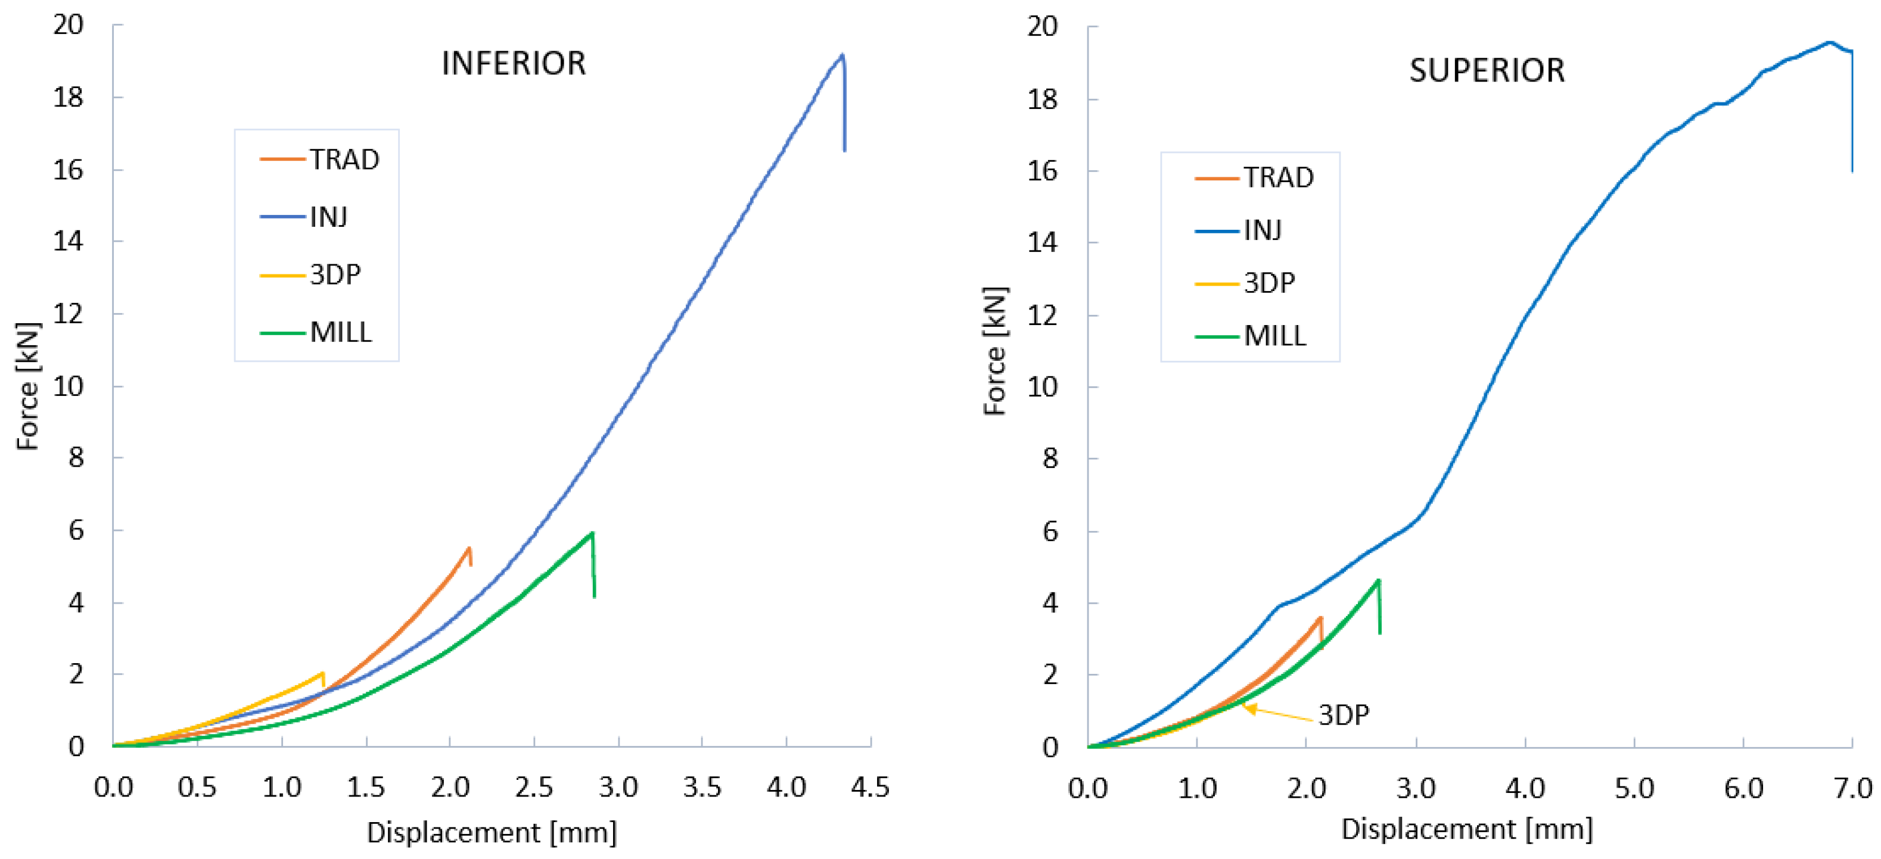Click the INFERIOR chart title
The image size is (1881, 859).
tap(514, 64)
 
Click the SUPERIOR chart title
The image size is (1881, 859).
tap(1487, 71)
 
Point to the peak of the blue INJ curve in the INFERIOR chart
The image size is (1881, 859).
tap(842, 55)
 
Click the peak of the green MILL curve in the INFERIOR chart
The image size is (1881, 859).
tap(592, 533)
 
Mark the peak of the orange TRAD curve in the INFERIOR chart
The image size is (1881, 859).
tap(469, 548)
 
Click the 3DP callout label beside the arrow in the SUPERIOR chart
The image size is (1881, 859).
tap(1343, 714)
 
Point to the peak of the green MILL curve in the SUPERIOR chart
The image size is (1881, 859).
tap(1378, 580)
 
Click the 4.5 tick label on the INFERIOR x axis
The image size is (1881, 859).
tap(870, 788)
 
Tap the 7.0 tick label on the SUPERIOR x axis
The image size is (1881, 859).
tap(1852, 788)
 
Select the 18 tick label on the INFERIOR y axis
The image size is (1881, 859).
tap(69, 97)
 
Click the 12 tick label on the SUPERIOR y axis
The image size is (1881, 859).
tap(1042, 316)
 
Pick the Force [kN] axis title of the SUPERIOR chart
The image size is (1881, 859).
tap(994, 351)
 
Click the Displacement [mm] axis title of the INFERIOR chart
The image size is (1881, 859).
tap(492, 832)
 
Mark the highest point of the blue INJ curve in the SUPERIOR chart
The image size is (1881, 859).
tap(1829, 42)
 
